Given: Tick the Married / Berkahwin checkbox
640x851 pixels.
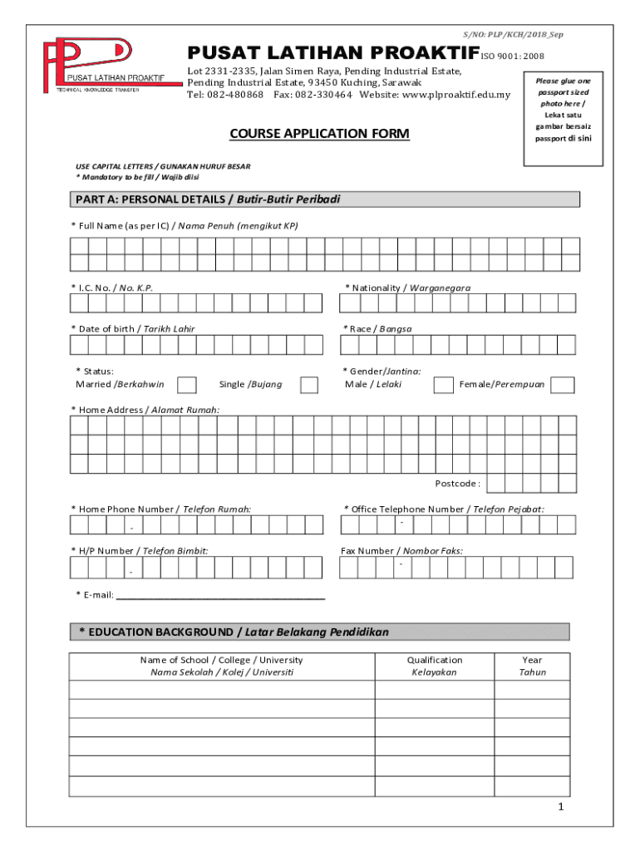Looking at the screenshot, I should [188, 385].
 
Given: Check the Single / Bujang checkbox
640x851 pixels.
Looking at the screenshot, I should [309, 385].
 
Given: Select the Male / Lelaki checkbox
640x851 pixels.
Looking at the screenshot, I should [444, 385].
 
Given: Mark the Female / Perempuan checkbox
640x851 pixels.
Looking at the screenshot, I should [563, 385].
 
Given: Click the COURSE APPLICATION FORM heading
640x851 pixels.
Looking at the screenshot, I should [319, 133].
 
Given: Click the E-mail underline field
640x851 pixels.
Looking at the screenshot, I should [220, 594].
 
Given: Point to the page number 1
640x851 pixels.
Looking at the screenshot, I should [561, 808].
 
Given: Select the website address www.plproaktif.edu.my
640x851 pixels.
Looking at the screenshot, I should [456, 95].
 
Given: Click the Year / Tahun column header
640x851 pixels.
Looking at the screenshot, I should [532, 666].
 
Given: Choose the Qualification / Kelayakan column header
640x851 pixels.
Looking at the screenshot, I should [435, 666].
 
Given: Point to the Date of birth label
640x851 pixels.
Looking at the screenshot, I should [133, 329].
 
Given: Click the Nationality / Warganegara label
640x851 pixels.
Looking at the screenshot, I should [407, 288].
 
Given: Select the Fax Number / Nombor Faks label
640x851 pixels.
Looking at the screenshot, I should [402, 551].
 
